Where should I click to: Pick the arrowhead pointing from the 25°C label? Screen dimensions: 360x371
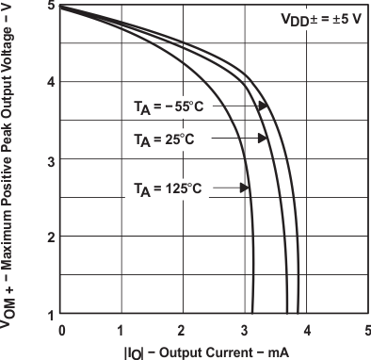263,139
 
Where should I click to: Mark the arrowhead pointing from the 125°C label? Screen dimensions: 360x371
246,188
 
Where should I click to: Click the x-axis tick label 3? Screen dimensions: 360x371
245,331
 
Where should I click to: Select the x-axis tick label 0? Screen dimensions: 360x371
61,331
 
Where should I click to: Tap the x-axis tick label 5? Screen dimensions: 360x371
367,331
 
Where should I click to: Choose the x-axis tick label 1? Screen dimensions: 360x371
122,331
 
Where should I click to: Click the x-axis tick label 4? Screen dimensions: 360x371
306,331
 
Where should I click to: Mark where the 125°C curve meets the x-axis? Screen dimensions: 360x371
253,313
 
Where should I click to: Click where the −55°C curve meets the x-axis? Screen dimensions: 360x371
298,313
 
